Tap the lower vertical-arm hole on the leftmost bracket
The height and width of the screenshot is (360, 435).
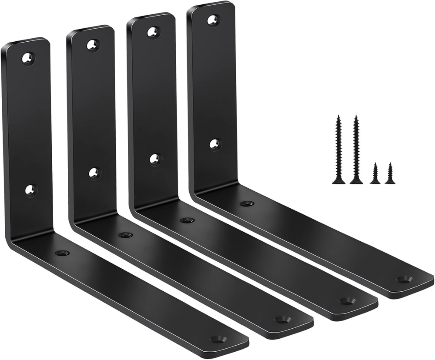30,190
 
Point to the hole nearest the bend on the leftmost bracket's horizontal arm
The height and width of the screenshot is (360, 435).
62,253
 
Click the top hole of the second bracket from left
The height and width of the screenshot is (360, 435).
92,44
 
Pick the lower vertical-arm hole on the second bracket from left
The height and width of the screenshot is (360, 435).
94,173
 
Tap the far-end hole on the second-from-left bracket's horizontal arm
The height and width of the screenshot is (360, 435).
282,319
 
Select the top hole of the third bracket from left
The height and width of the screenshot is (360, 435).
153,32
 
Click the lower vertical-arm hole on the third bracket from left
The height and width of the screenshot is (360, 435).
155,159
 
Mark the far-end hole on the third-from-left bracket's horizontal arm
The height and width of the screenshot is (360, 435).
347,300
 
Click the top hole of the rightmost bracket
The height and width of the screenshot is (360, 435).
213,20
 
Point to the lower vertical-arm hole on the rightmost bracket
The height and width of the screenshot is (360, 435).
214,144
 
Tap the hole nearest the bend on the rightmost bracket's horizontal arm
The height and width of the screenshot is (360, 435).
247,203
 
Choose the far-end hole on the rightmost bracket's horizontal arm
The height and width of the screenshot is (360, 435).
405,279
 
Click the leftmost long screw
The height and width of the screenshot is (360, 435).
338,150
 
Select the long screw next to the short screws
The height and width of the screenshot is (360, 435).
356,150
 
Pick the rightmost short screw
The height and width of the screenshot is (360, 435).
390,173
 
